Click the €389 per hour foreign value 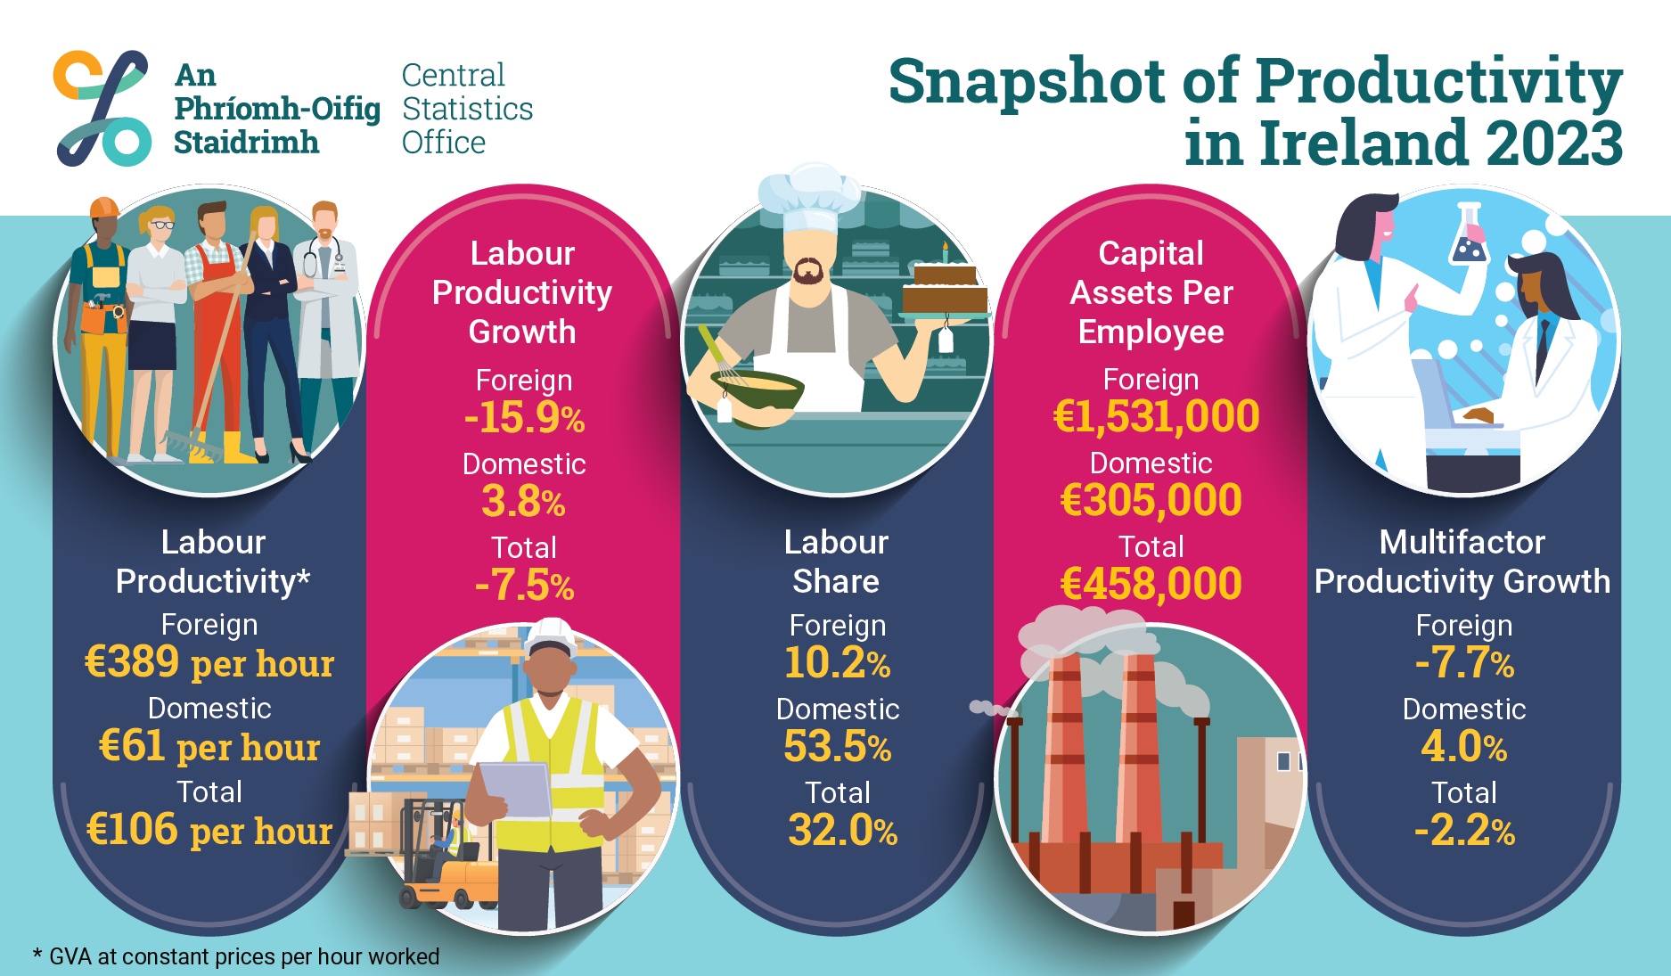click(209, 662)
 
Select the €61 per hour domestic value click(209, 746)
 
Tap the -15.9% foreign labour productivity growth click(524, 418)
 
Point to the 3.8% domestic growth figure click(524, 502)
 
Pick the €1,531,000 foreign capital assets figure click(1156, 416)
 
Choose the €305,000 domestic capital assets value click(1151, 500)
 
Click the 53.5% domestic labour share click(838, 747)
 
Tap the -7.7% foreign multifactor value click(1464, 663)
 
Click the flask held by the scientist click(1469, 236)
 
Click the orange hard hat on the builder click(104, 208)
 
